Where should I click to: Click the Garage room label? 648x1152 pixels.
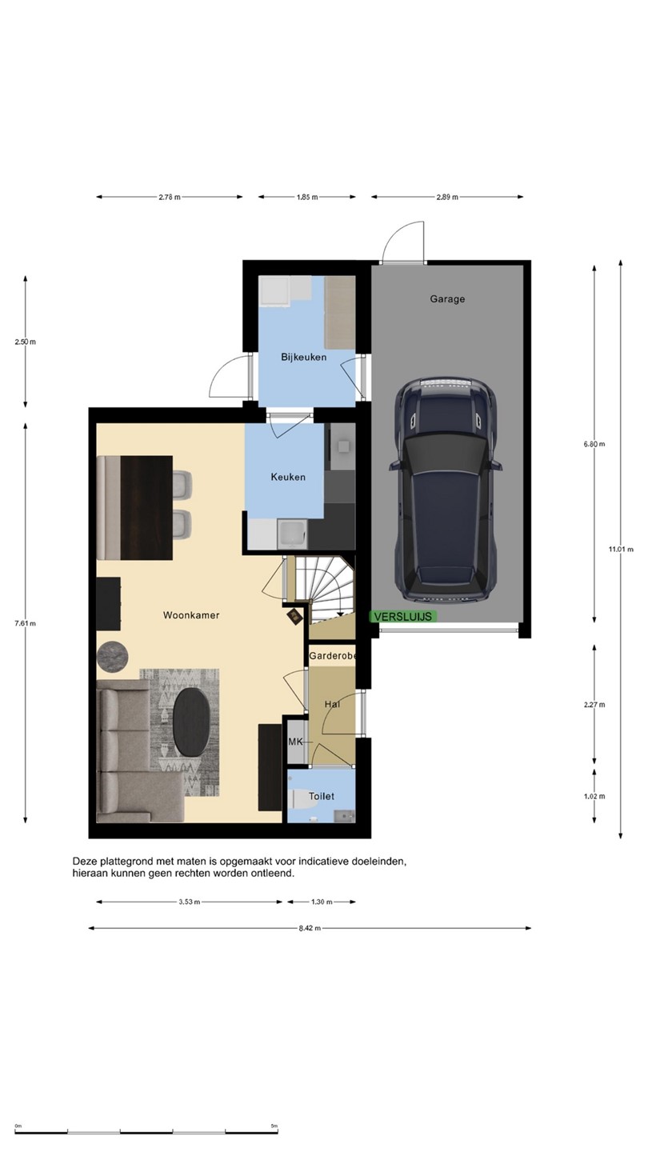click(x=447, y=299)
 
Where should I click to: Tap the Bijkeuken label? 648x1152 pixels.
click(x=303, y=357)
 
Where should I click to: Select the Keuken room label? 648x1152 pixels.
click(x=288, y=478)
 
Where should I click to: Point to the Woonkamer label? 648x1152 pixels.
click(x=191, y=615)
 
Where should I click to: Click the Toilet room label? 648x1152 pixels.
click(x=322, y=796)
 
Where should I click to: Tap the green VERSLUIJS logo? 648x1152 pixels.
click(x=403, y=617)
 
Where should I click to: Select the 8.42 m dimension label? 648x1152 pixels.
click(x=310, y=928)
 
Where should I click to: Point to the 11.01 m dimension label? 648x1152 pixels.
click(x=621, y=550)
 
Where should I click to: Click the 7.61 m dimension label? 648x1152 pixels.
click(x=26, y=623)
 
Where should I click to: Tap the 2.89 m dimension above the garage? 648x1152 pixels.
click(x=447, y=197)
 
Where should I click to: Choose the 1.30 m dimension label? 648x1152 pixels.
click(x=322, y=902)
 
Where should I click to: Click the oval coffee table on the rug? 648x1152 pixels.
click(x=192, y=722)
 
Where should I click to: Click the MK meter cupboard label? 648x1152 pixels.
click(x=295, y=742)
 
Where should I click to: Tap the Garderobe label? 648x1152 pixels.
click(x=332, y=656)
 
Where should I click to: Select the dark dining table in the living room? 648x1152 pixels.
click(x=146, y=507)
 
